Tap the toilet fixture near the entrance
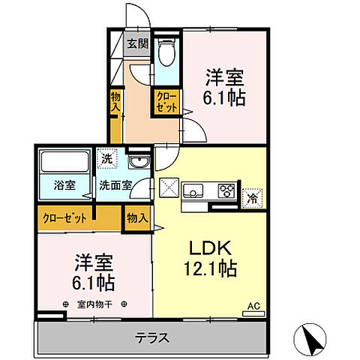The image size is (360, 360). click(x=166, y=50)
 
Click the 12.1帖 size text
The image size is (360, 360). click(x=207, y=269)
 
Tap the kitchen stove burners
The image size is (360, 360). click(x=226, y=190)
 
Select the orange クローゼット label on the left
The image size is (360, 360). click(x=63, y=218)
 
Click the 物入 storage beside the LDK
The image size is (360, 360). click(x=136, y=218)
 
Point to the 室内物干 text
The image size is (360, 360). click(x=94, y=304)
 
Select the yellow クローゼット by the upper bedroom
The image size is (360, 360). click(x=166, y=102)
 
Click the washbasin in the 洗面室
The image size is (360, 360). click(x=137, y=163)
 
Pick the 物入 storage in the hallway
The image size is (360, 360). click(x=115, y=100)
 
